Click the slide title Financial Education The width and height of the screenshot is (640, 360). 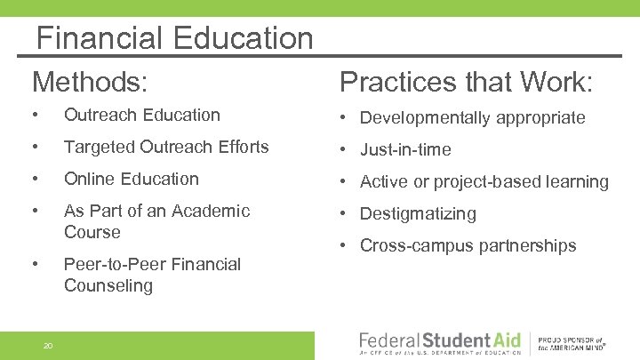point(175,38)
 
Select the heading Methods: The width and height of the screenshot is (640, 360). point(90,82)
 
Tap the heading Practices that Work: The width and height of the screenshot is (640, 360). point(467,82)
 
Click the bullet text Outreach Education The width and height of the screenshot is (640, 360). point(141,115)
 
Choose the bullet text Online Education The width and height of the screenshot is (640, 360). point(131,179)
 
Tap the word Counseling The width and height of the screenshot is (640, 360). point(108,285)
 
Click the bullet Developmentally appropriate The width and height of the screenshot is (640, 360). point(472,117)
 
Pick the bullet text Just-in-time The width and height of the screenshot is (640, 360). point(405,149)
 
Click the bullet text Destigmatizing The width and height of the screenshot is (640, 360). point(418,213)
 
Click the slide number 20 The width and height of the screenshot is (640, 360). point(49,345)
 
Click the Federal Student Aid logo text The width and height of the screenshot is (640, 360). point(437,340)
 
